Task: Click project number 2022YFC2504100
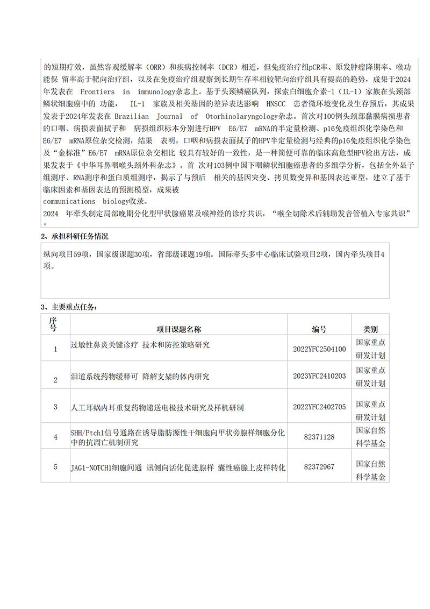point(319,349)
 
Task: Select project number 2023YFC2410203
point(319,376)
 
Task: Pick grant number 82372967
point(319,467)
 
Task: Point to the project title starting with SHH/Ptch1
point(177,437)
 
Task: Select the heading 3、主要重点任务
point(70,307)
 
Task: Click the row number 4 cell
point(55,437)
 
